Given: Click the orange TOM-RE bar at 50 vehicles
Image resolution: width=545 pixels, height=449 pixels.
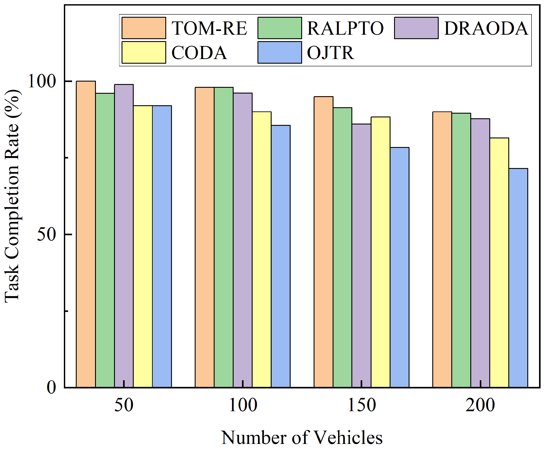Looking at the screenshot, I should pyautogui.click(x=86, y=234).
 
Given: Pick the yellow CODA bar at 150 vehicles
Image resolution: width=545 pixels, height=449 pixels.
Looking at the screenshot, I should pyautogui.click(x=380, y=252).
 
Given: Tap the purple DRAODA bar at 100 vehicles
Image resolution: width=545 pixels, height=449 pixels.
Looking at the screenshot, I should pyautogui.click(x=242, y=240).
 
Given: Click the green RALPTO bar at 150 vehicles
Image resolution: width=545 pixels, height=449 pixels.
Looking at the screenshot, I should pyautogui.click(x=342, y=247).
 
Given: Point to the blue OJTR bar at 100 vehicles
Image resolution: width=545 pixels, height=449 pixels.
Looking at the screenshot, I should pyautogui.click(x=280, y=256).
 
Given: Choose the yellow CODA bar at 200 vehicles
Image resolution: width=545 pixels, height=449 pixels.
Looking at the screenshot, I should pyautogui.click(x=499, y=262).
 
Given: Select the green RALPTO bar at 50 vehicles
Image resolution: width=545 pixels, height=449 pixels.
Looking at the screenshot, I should pyautogui.click(x=105, y=240).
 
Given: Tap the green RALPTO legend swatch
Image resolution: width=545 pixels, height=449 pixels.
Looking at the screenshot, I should pyautogui.click(x=280, y=28).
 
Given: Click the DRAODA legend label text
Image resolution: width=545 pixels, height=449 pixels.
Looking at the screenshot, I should pyautogui.click(x=486, y=28).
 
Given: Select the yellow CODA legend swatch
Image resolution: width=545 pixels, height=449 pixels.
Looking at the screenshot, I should pyautogui.click(x=144, y=52).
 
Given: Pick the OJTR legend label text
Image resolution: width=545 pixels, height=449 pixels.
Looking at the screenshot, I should pyautogui.click(x=330, y=53).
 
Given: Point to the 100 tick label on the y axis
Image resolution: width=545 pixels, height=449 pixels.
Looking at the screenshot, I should pyautogui.click(x=42, y=81).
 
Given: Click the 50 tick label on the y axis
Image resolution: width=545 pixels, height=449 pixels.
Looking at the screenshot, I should pyautogui.click(x=47, y=234).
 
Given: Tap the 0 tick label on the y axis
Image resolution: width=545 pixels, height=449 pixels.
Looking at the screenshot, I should pyautogui.click(x=51, y=387).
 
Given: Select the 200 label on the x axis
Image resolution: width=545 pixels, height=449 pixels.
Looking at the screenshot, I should pyautogui.click(x=480, y=405).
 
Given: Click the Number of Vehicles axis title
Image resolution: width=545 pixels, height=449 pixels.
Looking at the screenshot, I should pyautogui.click(x=302, y=438).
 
